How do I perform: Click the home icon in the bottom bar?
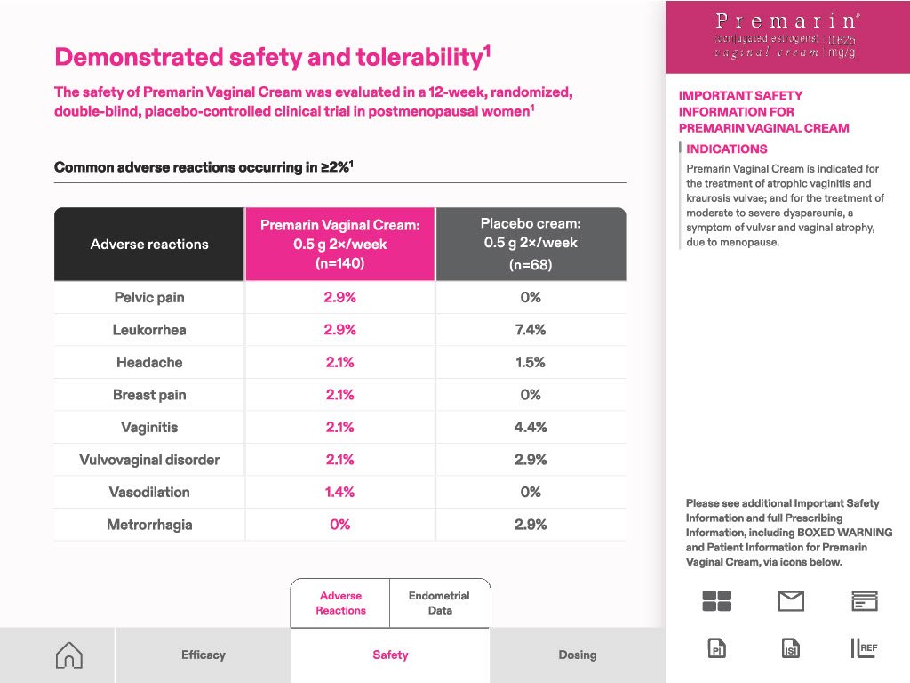(69, 655)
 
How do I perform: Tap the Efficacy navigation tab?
(204, 655)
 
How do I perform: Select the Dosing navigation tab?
(578, 655)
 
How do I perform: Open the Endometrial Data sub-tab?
(439, 603)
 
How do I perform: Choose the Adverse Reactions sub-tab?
(340, 603)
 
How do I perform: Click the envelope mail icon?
(791, 601)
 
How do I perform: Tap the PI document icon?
(717, 648)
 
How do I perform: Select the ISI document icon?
(790, 648)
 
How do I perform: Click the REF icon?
(864, 648)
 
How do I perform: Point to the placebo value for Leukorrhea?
(531, 330)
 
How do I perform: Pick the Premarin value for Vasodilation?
(339, 492)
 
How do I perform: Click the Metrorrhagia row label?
(149, 525)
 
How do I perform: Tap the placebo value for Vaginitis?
(531, 427)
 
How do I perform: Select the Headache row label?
(149, 363)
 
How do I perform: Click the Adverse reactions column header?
(149, 245)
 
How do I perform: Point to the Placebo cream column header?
(531, 244)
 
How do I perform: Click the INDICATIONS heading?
(727, 149)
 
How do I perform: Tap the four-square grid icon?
(717, 601)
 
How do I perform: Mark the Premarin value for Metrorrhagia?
(339, 525)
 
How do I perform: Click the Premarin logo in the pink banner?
(786, 36)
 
